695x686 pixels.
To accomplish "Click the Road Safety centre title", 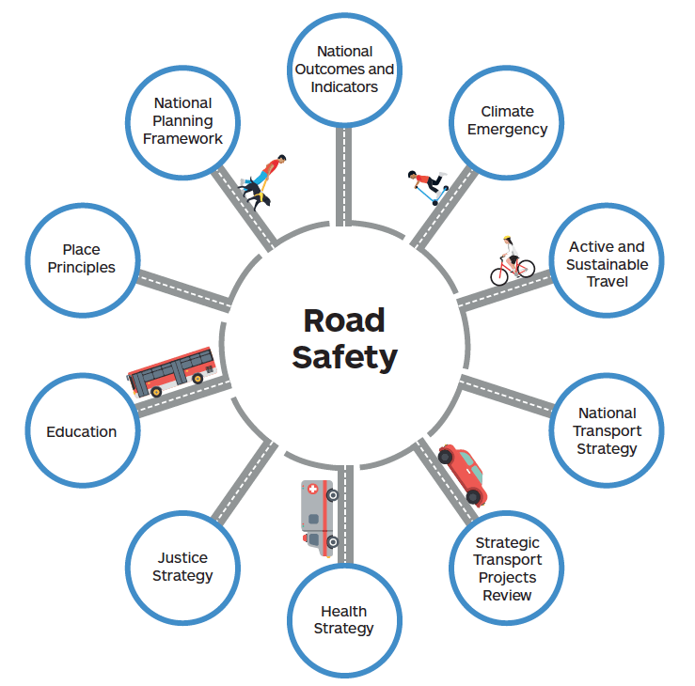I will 344,338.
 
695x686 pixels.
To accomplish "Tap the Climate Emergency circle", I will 507,120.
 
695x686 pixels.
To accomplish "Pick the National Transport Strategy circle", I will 607,430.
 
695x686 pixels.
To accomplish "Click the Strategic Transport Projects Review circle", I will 507,569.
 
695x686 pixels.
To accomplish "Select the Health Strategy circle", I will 344,619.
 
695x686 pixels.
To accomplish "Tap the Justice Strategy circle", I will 182,567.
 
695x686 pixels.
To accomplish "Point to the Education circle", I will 83,431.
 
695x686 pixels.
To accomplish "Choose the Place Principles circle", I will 83,258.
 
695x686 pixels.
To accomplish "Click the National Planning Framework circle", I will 182,120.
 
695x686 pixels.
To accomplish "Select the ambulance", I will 317,517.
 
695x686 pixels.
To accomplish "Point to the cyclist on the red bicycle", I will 511,262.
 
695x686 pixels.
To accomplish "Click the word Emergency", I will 507,130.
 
